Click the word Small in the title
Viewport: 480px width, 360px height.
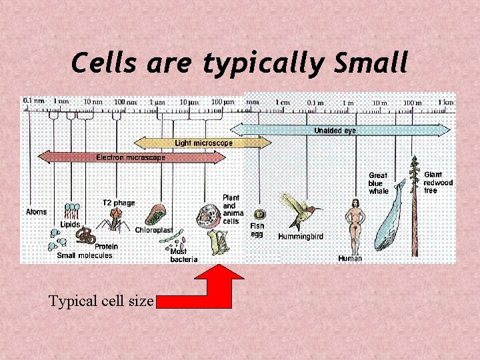pos(371,63)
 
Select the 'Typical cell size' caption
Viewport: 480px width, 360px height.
pos(101,301)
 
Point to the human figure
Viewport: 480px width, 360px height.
pos(355,223)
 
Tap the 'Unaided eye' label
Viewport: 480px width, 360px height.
pos(335,131)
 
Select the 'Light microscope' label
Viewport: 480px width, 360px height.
pos(203,143)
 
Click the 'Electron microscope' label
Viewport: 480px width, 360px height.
pos(131,157)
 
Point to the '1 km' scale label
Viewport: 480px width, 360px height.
pos(445,102)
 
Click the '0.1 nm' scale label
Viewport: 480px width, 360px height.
pos(33,101)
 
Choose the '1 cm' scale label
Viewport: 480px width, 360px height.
pos(283,102)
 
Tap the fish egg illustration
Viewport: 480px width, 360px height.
pos(259,215)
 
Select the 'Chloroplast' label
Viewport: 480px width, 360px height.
pos(154,230)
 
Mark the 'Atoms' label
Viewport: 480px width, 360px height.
pos(37,212)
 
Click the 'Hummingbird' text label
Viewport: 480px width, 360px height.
pos(301,237)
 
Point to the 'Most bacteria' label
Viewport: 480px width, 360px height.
pos(183,255)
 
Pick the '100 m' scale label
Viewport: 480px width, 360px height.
pos(413,102)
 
